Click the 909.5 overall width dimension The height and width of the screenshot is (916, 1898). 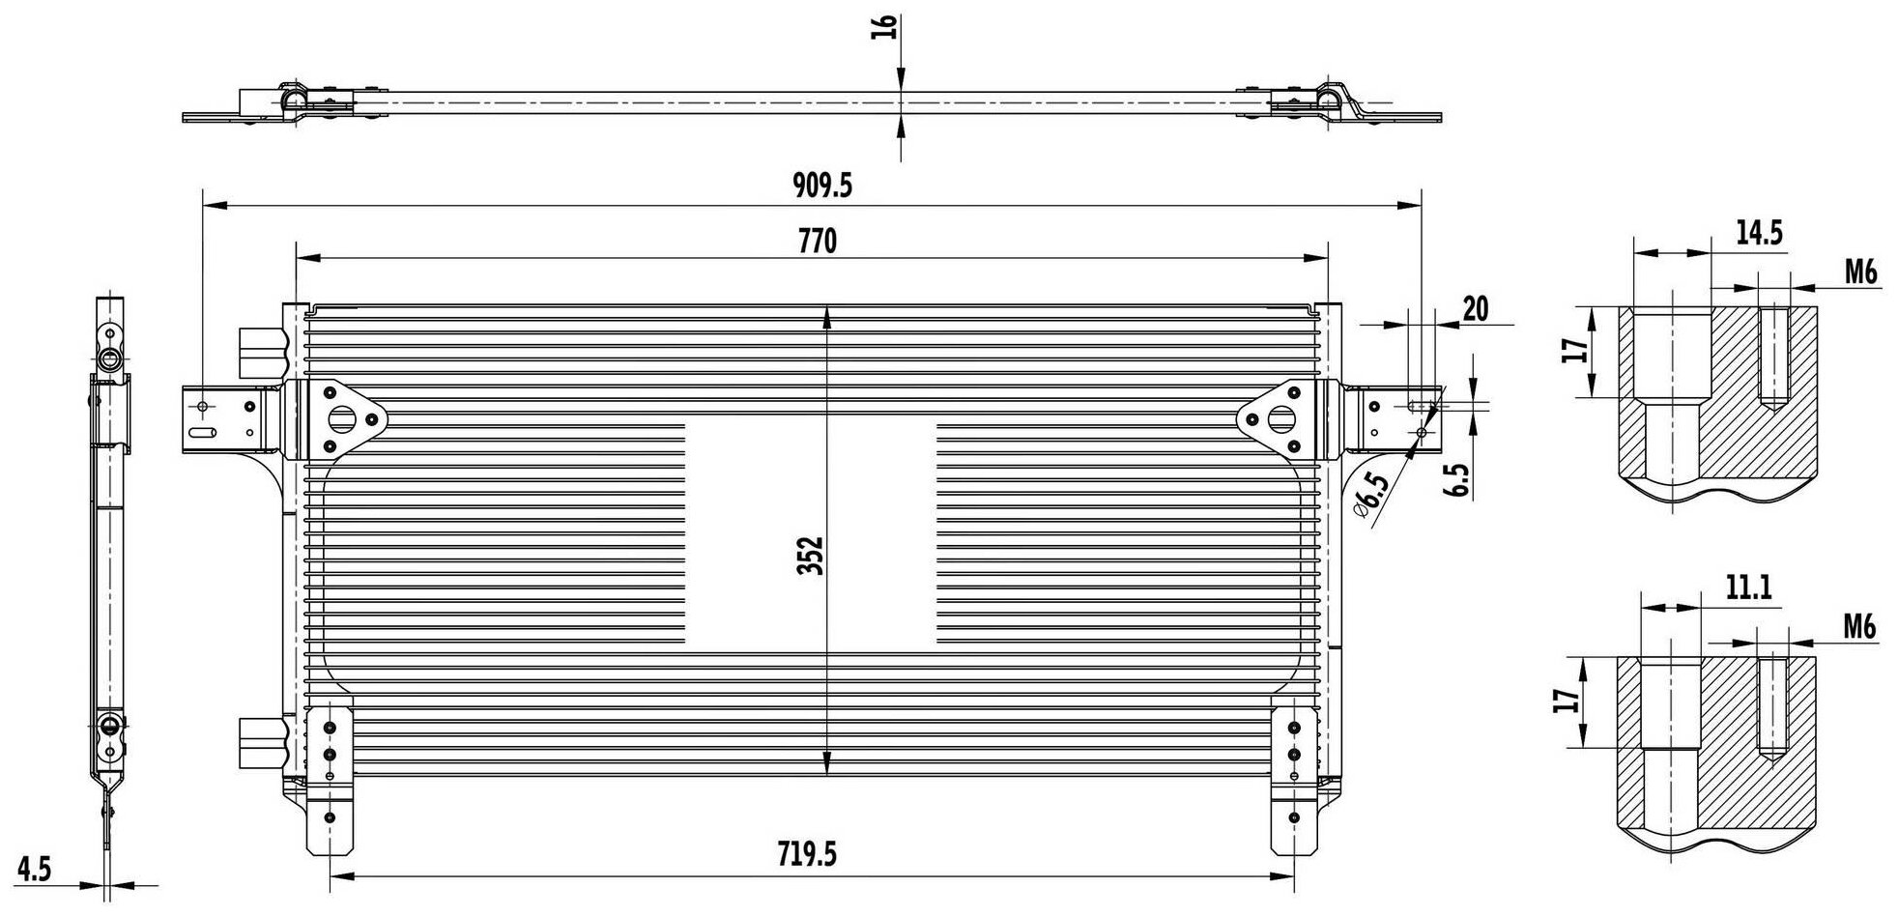822,185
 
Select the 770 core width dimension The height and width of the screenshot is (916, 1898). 818,242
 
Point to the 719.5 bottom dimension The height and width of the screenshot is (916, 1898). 807,853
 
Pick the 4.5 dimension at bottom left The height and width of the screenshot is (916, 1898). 34,870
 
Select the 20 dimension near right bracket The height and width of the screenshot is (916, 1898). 1475,308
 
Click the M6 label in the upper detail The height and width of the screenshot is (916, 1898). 1860,272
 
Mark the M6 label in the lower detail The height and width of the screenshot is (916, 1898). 1858,627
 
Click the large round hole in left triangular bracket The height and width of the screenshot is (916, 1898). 340,421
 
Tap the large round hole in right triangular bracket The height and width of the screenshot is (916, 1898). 1280,420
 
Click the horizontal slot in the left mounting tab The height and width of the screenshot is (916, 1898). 202,435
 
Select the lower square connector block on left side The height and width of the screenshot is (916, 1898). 261,740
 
